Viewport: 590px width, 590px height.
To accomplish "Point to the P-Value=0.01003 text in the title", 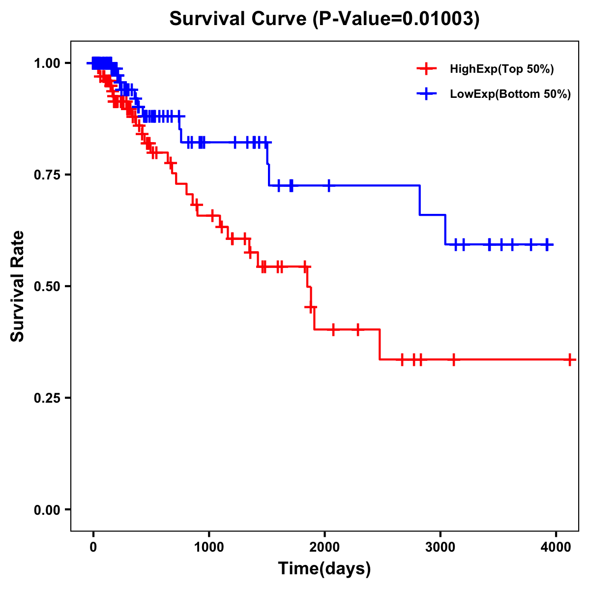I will click(397, 19).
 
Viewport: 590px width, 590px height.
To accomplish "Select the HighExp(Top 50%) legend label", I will click(501, 69).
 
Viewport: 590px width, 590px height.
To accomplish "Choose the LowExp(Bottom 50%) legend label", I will click(510, 94).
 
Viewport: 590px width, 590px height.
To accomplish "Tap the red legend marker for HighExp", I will click(427, 69).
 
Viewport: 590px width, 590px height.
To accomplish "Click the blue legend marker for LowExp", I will click(427, 94).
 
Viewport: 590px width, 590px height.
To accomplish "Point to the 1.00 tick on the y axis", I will click(47, 63).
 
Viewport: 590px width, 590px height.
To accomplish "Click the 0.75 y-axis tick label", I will click(47, 175).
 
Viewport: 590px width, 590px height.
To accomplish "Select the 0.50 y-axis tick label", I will click(47, 286).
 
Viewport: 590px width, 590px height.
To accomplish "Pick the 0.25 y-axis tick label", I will click(47, 398).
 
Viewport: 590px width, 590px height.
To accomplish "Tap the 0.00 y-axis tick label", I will click(47, 510).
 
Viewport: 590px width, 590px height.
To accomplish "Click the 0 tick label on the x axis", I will click(93, 546).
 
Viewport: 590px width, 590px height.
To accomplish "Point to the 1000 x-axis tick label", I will click(209, 546).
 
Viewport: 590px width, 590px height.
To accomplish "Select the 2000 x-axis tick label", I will click(324, 546).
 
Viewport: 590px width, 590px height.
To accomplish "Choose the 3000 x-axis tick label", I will click(441, 546).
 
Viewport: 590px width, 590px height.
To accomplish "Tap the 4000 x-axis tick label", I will click(556, 546).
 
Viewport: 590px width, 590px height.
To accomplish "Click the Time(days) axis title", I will click(324, 569).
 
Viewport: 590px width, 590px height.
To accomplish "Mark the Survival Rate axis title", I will click(18, 286).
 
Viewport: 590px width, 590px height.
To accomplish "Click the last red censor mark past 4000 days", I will click(569, 360).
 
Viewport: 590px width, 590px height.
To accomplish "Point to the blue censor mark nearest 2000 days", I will click(328, 185).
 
